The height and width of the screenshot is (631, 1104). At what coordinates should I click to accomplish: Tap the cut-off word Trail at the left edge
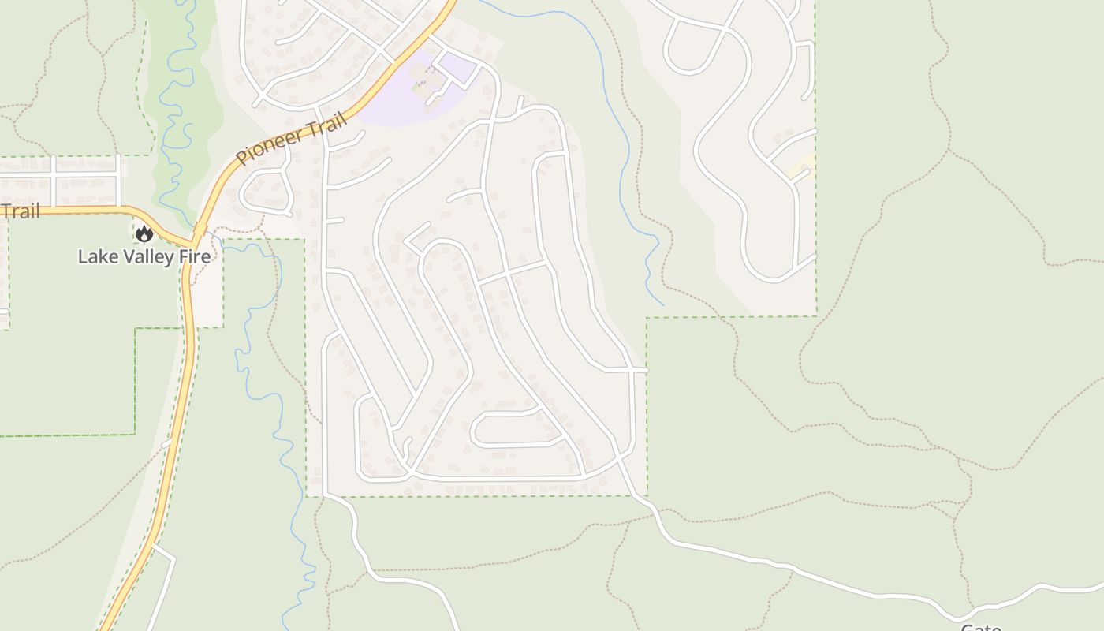tap(19, 211)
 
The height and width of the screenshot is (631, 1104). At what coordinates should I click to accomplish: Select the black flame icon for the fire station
tap(144, 233)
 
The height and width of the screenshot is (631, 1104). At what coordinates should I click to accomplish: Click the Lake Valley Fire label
tap(144, 256)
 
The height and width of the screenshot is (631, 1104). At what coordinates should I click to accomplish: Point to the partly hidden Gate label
tap(980, 627)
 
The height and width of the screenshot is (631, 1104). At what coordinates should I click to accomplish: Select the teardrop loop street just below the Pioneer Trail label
tap(263, 190)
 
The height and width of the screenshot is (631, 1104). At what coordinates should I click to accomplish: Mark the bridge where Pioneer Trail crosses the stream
tap(199, 231)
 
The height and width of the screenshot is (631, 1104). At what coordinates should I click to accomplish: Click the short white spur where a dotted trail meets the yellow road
tap(166, 444)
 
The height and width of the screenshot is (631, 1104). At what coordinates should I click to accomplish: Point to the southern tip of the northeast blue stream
tap(662, 304)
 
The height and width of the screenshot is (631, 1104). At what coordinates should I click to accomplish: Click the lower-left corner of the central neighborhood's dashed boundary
tap(306, 496)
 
